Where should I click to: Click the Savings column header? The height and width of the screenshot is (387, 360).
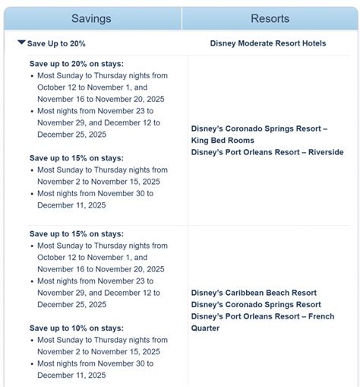coord(91,18)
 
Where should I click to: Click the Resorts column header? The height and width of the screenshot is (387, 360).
coord(270,18)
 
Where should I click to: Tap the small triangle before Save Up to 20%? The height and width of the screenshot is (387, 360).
coord(21,43)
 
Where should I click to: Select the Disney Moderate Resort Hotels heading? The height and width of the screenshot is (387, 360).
coord(267,43)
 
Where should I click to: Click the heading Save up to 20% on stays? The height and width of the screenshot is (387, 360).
coord(76,64)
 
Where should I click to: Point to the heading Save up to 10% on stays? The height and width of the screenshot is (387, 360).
coord(76,328)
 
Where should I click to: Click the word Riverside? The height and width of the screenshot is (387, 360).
coord(325,152)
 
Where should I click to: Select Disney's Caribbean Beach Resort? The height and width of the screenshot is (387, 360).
coord(254,293)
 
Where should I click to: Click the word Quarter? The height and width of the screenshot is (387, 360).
coord(207,328)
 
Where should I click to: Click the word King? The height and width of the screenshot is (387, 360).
coord(201,141)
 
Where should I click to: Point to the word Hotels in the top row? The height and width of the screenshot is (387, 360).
coord(312,43)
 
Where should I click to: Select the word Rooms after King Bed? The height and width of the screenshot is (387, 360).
coord(245,141)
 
